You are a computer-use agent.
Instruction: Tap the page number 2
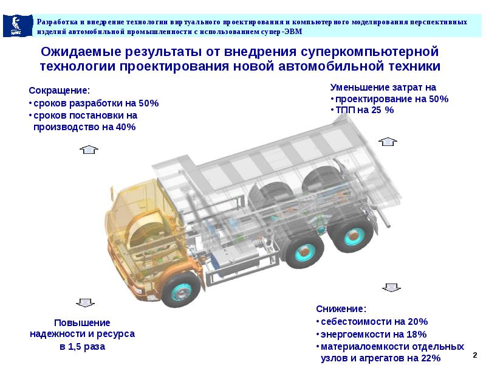474,353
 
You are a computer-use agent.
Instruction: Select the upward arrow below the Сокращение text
89,150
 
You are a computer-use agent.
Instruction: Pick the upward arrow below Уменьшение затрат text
386,141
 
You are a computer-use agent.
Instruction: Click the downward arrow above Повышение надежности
84,302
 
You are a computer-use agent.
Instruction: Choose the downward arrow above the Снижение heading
391,287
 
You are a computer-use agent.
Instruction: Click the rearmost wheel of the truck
351,234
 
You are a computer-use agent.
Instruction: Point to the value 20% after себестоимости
417,321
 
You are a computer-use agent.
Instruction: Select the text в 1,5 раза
83,347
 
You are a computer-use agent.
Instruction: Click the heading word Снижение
341,308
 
